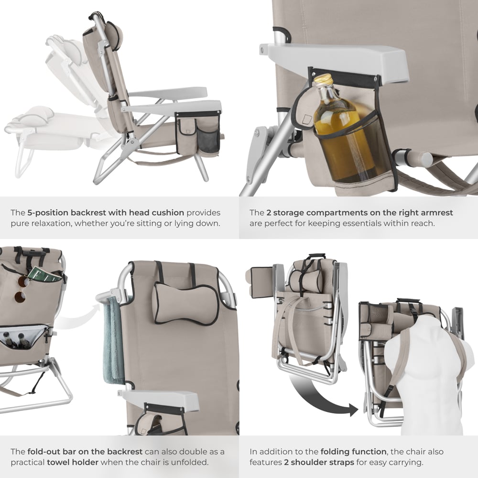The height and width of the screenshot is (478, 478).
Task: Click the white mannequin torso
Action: click(x=421, y=378)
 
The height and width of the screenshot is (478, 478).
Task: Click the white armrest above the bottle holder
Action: click(x=335, y=55)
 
